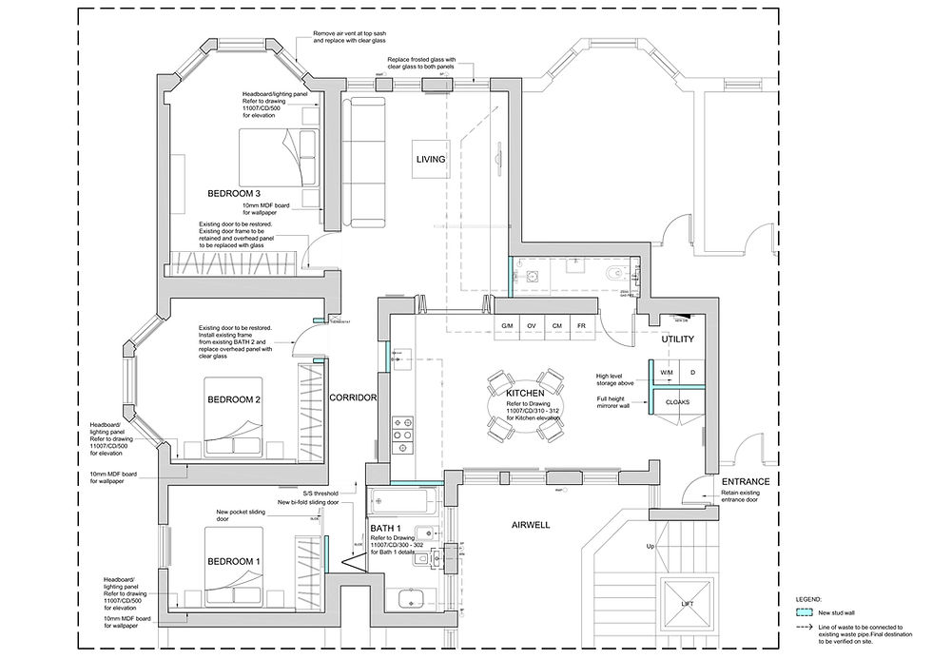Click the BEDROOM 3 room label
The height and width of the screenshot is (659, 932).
[x=234, y=194]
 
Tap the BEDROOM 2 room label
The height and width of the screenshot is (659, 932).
[x=234, y=399]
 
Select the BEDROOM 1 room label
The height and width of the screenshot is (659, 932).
[x=234, y=562]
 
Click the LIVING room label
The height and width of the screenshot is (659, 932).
[x=430, y=160]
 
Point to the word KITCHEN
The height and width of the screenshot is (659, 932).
[x=524, y=393]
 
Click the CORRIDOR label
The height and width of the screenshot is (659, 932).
[x=354, y=397]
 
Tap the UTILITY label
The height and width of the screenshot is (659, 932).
[x=677, y=339]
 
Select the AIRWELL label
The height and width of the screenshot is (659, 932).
[x=531, y=525]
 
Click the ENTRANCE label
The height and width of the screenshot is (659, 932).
[x=745, y=481]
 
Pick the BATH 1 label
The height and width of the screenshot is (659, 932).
[x=385, y=528]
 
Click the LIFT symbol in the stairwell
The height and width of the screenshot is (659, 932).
[x=687, y=603]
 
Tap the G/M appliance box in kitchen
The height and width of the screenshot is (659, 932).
[x=507, y=327]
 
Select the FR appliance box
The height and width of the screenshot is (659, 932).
[x=581, y=327]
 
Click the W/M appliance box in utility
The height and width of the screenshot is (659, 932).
[x=666, y=372]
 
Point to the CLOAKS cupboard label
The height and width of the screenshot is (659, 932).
[x=677, y=402]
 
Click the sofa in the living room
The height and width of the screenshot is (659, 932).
[x=363, y=162]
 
